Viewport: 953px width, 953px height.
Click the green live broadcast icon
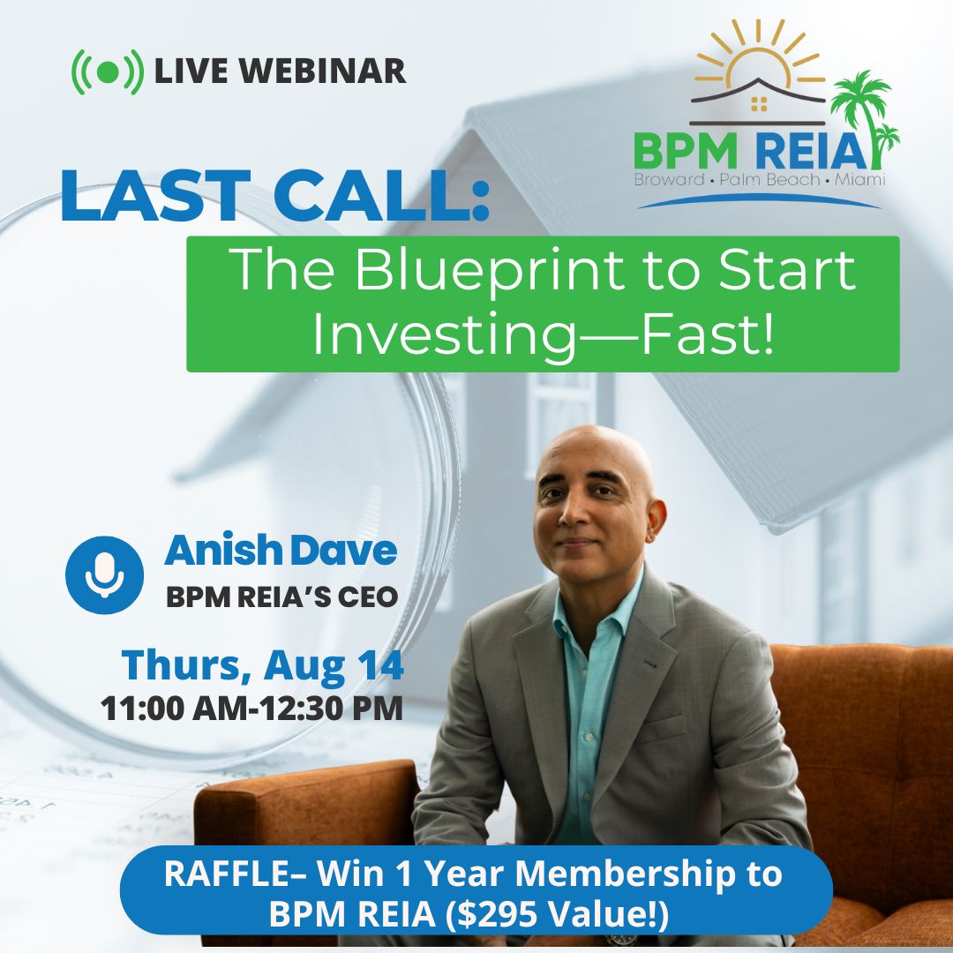[107, 71]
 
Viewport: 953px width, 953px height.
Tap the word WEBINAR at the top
[335, 71]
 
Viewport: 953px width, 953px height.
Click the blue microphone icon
[104, 574]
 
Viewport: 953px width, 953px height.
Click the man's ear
[657, 513]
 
